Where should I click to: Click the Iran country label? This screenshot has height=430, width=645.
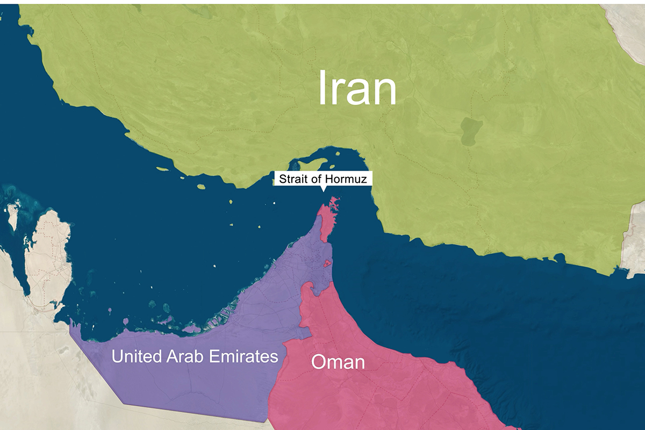(x=357, y=88)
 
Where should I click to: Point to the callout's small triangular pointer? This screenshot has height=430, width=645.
(x=322, y=188)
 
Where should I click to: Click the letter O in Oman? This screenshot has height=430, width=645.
(x=318, y=362)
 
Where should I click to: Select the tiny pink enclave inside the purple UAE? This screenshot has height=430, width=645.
(x=326, y=263)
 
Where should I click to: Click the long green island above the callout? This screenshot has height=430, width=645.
(x=309, y=161)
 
